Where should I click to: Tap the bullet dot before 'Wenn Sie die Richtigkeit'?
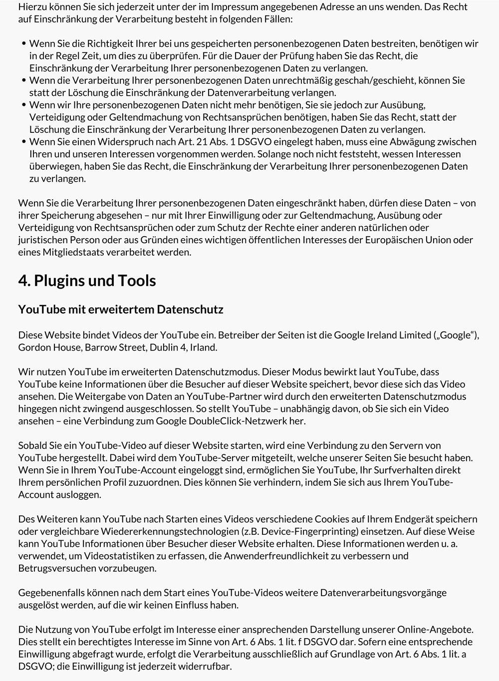[24, 44]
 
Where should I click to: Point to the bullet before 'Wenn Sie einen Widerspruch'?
[24, 142]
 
